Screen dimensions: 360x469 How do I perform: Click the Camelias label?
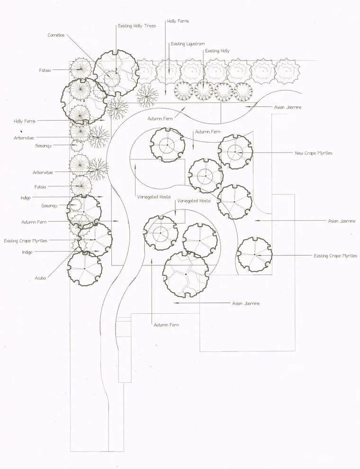[x=56, y=36]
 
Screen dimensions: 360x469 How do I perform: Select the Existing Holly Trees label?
[x=137, y=26]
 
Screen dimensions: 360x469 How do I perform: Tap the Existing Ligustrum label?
[x=188, y=44]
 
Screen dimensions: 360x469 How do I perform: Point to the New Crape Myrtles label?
[x=314, y=153]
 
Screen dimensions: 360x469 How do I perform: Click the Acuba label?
[x=40, y=278]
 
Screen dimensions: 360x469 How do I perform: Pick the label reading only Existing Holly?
[x=217, y=51]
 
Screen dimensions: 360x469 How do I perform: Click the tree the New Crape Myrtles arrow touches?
[x=235, y=152]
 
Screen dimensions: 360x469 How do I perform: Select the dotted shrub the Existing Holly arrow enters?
[x=204, y=91]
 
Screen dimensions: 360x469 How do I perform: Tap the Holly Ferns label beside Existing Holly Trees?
[x=178, y=21]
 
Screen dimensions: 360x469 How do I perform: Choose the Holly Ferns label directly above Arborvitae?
[x=25, y=121]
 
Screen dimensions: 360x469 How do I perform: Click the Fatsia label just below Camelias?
[x=45, y=70]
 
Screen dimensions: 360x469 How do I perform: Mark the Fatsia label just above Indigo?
[x=40, y=187]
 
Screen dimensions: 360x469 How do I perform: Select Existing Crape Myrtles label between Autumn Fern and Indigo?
[x=26, y=241]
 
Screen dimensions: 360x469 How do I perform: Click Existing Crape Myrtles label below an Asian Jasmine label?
[x=335, y=256]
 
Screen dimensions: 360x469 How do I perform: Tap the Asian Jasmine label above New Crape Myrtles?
[x=288, y=107]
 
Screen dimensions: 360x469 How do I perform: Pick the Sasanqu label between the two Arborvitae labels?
[x=44, y=146]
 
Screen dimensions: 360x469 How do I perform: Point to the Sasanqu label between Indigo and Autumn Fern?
[x=49, y=206]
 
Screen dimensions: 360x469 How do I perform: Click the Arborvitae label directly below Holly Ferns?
[x=24, y=138]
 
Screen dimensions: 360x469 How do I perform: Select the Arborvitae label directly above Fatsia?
[x=43, y=172]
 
